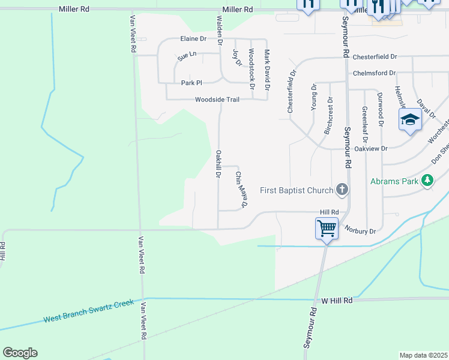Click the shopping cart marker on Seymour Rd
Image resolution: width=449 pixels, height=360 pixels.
pos(326,228)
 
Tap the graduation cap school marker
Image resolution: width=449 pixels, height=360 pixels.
pos(410,119)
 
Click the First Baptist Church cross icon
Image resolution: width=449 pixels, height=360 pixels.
pos(342,190)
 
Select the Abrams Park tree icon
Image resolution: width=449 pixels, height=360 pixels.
pos(427,181)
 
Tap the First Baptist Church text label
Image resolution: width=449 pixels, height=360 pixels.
pos(297,191)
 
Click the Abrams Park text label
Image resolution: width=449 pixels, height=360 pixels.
pos(394,181)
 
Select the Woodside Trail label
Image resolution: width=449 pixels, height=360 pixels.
pos(217,100)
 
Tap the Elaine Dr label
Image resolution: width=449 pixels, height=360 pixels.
pos(193,38)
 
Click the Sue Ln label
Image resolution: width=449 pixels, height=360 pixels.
pos(187,56)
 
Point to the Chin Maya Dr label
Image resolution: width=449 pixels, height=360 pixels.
pos(241,190)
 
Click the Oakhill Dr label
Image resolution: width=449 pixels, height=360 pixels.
pos(218,164)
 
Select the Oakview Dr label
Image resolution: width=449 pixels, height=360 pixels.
pos(372,148)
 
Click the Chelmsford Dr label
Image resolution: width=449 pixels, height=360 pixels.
pos(375,73)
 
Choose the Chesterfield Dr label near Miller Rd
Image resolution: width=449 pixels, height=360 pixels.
pos(375,57)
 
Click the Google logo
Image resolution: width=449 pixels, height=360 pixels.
pos(20,353)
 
